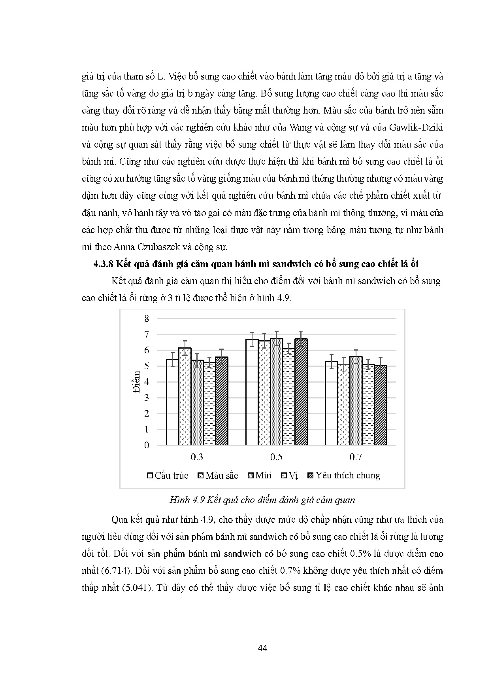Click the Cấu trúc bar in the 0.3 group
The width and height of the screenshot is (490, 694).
click(x=172, y=402)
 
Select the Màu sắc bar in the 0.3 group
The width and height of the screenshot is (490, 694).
click(x=185, y=396)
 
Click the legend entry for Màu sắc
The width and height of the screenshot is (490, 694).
click(x=218, y=476)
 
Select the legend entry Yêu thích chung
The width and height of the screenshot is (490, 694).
click(x=344, y=476)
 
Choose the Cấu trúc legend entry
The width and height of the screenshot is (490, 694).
click(x=168, y=476)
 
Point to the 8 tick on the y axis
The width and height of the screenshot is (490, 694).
click(x=147, y=319)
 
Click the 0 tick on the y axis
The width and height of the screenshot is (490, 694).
click(x=147, y=445)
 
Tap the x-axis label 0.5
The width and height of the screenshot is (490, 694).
click(x=276, y=457)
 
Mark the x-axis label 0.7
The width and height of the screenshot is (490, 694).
click(x=356, y=457)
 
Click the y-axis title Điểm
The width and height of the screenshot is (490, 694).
click(x=137, y=381)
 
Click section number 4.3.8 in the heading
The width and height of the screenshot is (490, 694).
click(x=106, y=264)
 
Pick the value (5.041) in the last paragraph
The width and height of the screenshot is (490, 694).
click(x=134, y=588)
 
